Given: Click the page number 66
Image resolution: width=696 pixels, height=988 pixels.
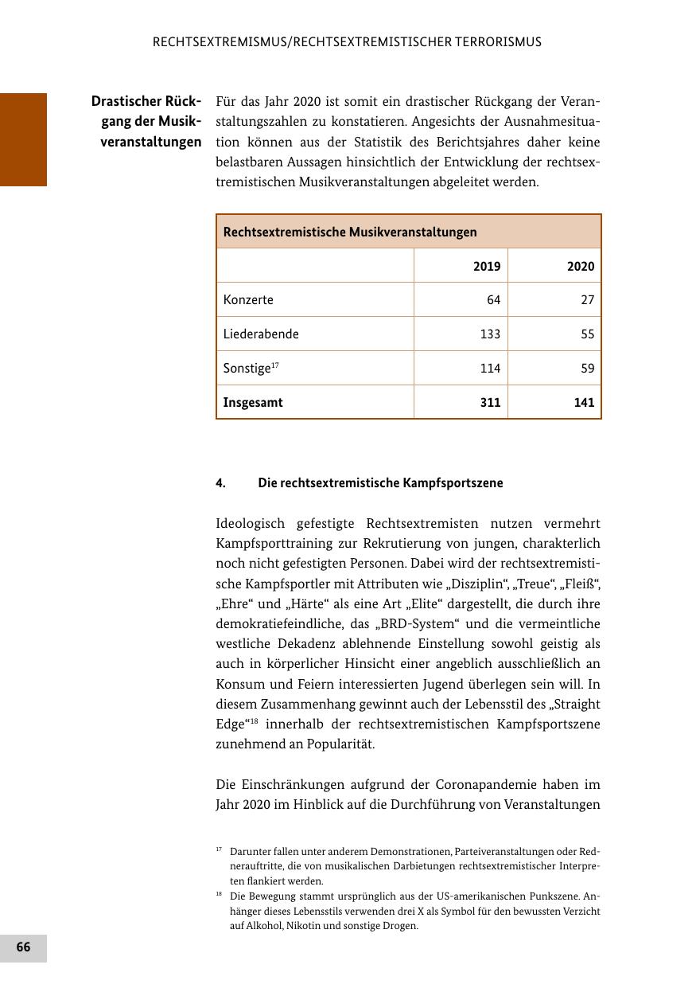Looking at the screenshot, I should (x=23, y=947).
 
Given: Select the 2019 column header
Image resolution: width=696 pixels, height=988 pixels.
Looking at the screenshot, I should (x=487, y=267).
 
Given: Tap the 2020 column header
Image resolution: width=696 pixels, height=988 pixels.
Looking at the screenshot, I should (x=581, y=267).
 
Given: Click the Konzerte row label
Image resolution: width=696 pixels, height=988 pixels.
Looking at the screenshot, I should (x=248, y=300).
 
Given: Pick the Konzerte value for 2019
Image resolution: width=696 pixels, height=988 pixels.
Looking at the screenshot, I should (x=493, y=300).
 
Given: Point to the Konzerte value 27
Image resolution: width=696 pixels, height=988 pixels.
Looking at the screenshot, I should (x=587, y=300).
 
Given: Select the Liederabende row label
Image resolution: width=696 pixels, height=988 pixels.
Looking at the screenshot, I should (x=261, y=334).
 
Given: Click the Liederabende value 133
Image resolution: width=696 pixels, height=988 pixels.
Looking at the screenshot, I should (x=490, y=334).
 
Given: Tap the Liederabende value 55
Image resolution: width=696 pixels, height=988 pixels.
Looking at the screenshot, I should (x=587, y=334).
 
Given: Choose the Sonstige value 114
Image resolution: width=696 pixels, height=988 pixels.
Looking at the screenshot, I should (x=490, y=369).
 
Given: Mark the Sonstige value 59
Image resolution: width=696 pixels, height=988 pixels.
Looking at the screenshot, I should (x=587, y=369).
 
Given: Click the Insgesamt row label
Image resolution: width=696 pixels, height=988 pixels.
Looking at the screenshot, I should (x=253, y=403).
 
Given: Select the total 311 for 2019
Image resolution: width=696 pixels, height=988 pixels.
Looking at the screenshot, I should (x=490, y=403).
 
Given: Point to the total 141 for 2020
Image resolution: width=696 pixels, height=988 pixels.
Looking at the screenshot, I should (x=584, y=403).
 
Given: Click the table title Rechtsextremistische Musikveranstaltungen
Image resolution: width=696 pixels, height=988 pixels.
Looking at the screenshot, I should (x=350, y=232).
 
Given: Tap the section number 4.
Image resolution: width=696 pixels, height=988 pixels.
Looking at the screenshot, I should (x=220, y=483).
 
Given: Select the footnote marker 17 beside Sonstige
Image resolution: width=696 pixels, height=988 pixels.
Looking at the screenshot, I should (x=275, y=365).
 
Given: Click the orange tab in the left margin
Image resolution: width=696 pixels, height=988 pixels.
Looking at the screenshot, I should (x=23, y=139).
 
